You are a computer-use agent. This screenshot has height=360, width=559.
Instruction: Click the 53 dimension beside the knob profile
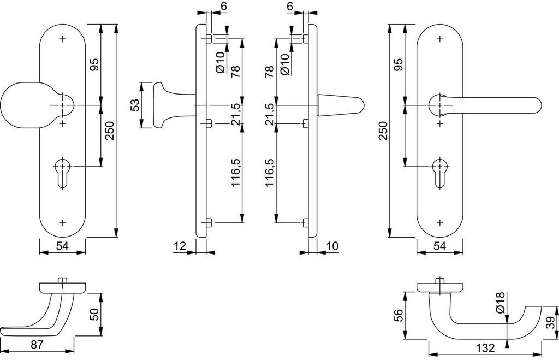pyautogui.click(x=135, y=105)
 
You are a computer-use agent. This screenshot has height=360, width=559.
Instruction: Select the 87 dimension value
pyautogui.click(x=37, y=345)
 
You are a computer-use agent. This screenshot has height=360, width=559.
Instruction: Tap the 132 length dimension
pyautogui.click(x=485, y=348)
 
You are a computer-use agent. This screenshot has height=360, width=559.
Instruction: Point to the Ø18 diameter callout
pyautogui.click(x=501, y=303)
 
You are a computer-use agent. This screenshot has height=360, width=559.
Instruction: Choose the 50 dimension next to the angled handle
pyautogui.click(x=94, y=314)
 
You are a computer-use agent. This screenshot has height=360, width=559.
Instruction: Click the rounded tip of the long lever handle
pyautogui.click(x=538, y=105)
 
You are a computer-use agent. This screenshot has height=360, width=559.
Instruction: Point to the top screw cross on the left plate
pyautogui.click(x=63, y=39)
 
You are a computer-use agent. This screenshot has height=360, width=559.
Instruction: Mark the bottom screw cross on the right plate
pyautogui.click(x=440, y=223)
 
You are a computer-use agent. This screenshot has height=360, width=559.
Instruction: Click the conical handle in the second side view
pyautogui.click(x=341, y=105)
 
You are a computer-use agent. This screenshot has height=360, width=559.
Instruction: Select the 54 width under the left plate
pyautogui.click(x=62, y=246)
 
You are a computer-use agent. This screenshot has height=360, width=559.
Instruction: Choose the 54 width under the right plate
pyautogui.click(x=440, y=246)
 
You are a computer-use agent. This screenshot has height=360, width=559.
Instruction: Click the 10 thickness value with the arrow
pyautogui.click(x=332, y=246)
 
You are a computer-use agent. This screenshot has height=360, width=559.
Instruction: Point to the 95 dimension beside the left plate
pyautogui.click(x=94, y=64)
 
